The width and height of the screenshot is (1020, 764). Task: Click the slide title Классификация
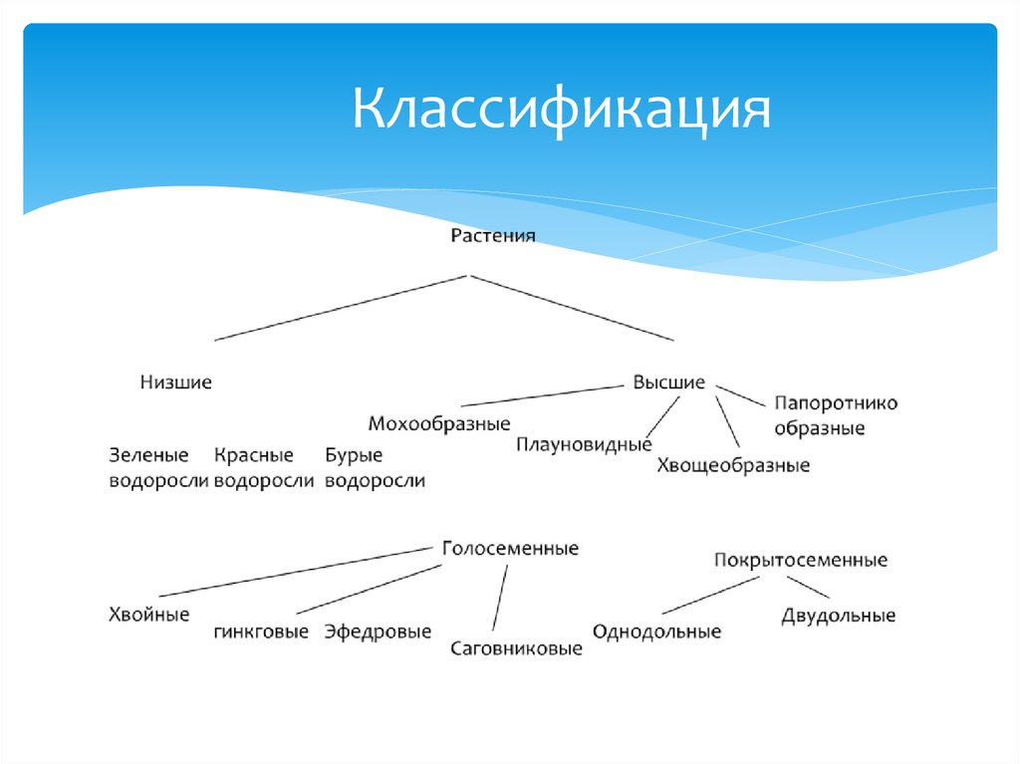pyautogui.click(x=561, y=111)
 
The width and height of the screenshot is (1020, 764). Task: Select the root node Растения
pyautogui.click(x=493, y=236)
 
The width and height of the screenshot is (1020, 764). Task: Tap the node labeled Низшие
pyautogui.click(x=176, y=382)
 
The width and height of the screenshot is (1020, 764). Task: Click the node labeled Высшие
pyautogui.click(x=668, y=382)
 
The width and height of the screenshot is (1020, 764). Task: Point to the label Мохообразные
pyautogui.click(x=439, y=423)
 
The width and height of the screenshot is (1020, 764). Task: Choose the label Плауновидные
pyautogui.click(x=584, y=444)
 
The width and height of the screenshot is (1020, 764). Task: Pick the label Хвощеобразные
pyautogui.click(x=733, y=465)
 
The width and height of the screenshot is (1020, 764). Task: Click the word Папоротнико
pyautogui.click(x=836, y=403)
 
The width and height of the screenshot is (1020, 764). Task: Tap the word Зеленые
pyautogui.click(x=148, y=455)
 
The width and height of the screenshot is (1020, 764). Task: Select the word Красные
pyautogui.click(x=254, y=455)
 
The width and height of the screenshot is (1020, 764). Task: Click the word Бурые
pyautogui.click(x=354, y=455)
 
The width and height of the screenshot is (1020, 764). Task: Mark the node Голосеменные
pyautogui.click(x=510, y=549)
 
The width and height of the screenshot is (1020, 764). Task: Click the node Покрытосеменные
pyautogui.click(x=801, y=560)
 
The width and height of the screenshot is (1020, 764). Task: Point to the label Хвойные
pyautogui.click(x=148, y=615)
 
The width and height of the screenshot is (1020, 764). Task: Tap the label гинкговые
pyautogui.click(x=261, y=632)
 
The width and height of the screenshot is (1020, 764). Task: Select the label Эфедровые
pyautogui.click(x=378, y=632)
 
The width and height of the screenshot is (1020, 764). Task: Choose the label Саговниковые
pyautogui.click(x=516, y=648)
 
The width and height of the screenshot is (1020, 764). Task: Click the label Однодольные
pyautogui.click(x=656, y=632)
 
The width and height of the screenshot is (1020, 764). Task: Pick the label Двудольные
pyautogui.click(x=839, y=616)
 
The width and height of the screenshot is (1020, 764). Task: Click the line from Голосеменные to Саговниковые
pyautogui.click(x=500, y=598)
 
